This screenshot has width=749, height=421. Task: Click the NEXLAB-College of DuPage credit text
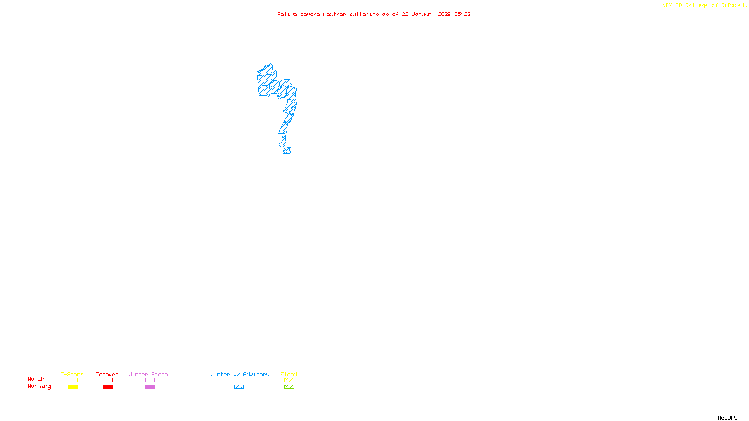[x=704, y=6]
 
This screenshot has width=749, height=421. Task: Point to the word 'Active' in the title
[x=287, y=14]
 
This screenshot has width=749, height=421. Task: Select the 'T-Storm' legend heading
[x=72, y=374]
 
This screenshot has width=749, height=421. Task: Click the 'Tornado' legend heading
[x=107, y=374]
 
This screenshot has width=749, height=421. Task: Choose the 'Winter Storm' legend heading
[x=148, y=374]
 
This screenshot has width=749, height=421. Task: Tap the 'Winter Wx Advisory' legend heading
[x=240, y=374]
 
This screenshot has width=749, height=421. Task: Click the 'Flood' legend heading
[x=289, y=374]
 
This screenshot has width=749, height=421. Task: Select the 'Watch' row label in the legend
[x=36, y=379]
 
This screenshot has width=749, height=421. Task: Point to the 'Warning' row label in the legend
[x=39, y=386]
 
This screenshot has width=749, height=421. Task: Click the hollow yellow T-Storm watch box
[x=73, y=380]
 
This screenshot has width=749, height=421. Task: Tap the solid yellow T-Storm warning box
[x=73, y=387]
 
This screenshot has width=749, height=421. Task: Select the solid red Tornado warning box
[x=108, y=387]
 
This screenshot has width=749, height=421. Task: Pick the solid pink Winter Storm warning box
[x=150, y=387]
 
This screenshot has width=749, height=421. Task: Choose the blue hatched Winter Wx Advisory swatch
[x=239, y=387]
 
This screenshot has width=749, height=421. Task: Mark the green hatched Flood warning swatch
[x=289, y=387]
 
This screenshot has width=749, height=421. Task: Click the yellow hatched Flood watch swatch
[x=289, y=380]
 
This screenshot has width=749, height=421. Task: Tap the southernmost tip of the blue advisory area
[x=286, y=153]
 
